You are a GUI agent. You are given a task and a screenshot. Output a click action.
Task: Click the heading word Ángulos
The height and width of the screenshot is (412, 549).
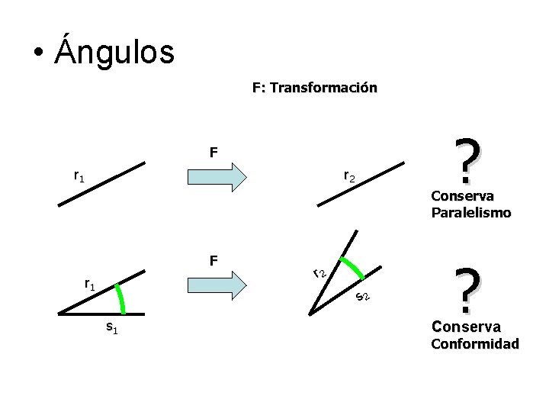[114, 52]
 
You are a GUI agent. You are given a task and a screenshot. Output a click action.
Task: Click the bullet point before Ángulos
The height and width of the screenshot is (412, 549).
[37, 53]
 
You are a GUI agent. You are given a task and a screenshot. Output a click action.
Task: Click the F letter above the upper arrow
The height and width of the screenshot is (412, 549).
[215, 153]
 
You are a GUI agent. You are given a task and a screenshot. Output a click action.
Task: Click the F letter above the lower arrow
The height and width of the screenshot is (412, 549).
[215, 261]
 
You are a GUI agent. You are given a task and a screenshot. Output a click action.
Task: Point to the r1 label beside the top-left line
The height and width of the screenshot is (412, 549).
[79, 176]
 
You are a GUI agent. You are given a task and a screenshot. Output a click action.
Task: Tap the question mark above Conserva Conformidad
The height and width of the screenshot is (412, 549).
[467, 292]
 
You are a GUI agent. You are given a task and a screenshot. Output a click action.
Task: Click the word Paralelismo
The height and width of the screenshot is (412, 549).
[470, 213]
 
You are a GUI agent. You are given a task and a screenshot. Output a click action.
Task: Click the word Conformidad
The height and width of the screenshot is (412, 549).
[475, 343]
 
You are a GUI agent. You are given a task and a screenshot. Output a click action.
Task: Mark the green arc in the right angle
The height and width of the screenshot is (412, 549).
[352, 268]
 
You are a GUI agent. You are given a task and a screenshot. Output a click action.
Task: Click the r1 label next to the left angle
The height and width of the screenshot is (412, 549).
[89, 285]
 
